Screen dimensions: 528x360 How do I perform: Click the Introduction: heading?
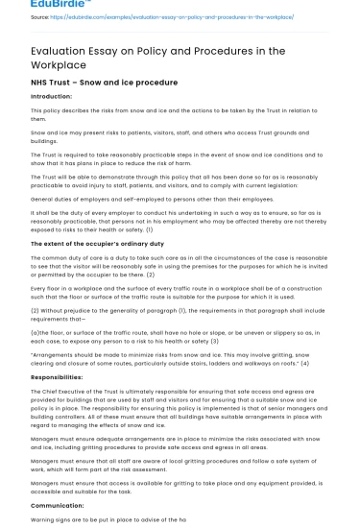point(52,97)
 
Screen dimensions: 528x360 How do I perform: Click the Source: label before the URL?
point(40,16)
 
